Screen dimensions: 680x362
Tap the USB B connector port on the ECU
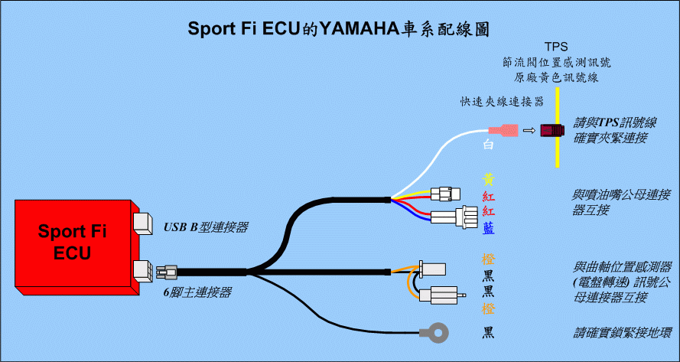coord(143,223)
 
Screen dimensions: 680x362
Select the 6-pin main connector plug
coord(167,272)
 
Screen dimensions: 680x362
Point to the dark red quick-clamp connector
coord(552,130)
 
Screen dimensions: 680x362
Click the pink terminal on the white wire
coord(503,130)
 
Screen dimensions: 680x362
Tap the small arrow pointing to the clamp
coord(529,130)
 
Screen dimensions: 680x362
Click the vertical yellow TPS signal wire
coord(557,127)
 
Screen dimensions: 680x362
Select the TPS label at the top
coord(557,47)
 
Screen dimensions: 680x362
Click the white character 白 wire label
coord(489,145)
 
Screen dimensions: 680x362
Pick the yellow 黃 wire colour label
coord(489,180)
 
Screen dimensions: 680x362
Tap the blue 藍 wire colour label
coord(489,228)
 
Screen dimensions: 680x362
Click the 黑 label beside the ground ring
coord(489,333)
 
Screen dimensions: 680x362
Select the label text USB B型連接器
coord(206,227)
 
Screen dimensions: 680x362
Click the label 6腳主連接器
coord(197,293)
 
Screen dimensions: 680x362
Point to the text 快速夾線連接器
coord(502,101)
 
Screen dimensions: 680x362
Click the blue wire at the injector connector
coord(412,213)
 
